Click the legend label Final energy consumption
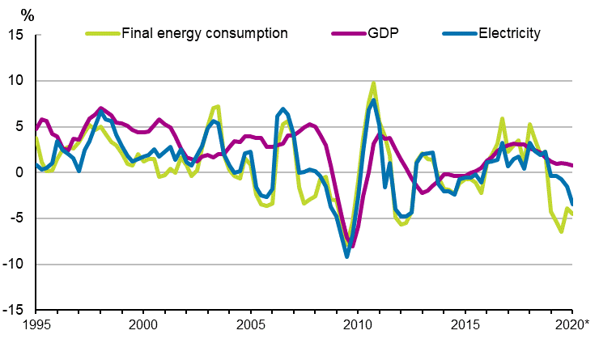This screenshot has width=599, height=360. [204, 34]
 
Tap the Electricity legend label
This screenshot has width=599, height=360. [509, 34]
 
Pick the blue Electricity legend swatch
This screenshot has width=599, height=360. [459, 34]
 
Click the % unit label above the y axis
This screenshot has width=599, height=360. [28, 15]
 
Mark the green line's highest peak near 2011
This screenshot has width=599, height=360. [373, 83]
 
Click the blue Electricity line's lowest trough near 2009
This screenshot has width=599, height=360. [347, 256]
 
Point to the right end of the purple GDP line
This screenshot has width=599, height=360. [572, 166]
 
